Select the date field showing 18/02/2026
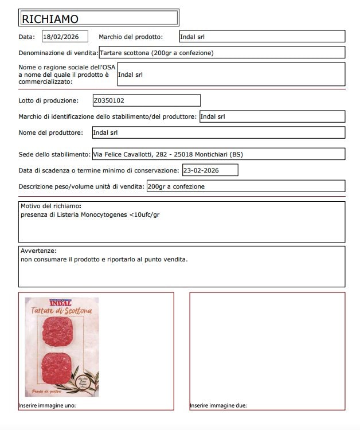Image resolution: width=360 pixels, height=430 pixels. (x=65, y=37)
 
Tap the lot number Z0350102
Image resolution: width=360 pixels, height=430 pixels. (x=108, y=100)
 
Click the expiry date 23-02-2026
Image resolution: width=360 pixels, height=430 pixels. (x=202, y=170)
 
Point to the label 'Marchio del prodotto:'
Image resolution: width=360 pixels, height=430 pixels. (x=131, y=37)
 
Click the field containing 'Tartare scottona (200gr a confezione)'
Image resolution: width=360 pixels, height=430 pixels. (x=157, y=53)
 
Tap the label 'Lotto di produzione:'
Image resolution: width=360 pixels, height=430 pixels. (x=49, y=101)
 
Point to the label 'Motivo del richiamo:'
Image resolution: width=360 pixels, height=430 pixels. (x=50, y=206)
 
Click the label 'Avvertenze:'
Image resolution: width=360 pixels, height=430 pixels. (x=38, y=251)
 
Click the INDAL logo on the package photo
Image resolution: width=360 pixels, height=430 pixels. (x=61, y=302)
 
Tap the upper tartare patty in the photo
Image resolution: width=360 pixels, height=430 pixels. (x=60, y=330)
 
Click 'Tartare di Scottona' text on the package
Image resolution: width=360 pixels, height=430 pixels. (x=61, y=310)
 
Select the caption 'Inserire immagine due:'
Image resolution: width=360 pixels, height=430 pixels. (x=218, y=406)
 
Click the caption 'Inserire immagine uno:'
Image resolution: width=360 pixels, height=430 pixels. (x=47, y=406)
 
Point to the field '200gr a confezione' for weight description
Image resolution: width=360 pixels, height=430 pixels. (x=176, y=186)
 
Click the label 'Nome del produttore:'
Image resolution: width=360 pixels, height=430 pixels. (x=51, y=132)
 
